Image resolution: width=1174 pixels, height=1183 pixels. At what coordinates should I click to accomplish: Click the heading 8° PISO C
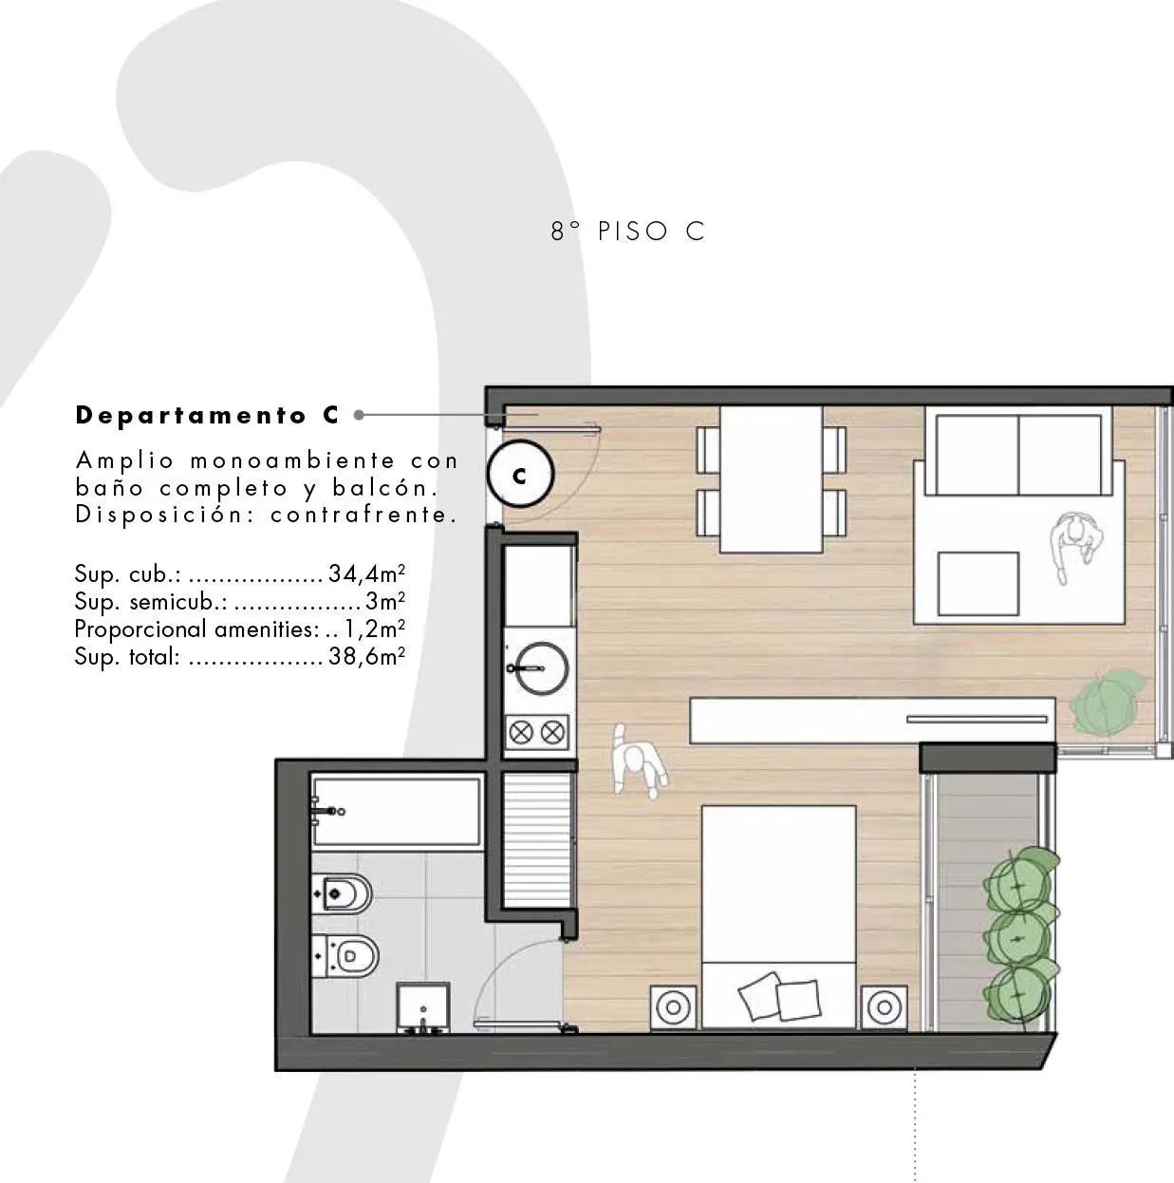628,232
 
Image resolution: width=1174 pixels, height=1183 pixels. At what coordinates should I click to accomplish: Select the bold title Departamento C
207,416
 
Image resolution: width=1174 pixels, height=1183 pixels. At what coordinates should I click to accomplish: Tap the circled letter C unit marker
520,474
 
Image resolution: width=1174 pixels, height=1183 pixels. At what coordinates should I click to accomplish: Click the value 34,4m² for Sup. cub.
366,573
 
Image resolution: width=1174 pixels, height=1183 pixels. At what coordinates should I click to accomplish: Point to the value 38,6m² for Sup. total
366,656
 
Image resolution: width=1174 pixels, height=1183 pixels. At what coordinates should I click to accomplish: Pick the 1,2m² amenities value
374,629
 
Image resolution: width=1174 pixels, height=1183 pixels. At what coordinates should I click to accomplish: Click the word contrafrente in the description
364,515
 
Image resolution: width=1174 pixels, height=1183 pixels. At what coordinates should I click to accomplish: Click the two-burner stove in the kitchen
537,732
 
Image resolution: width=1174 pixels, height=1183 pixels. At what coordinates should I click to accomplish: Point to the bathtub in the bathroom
397,812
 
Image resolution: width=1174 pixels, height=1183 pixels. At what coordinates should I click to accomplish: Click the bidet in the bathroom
342,893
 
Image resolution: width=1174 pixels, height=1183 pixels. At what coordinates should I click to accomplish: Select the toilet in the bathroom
345,956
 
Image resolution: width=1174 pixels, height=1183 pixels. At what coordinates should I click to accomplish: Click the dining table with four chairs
771,479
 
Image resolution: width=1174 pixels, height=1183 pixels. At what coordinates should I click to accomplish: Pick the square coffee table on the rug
978,583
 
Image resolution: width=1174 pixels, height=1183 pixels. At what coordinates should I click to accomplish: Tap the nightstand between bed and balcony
884,1006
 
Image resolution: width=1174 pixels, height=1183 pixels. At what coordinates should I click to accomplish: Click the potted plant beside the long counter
1109,703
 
